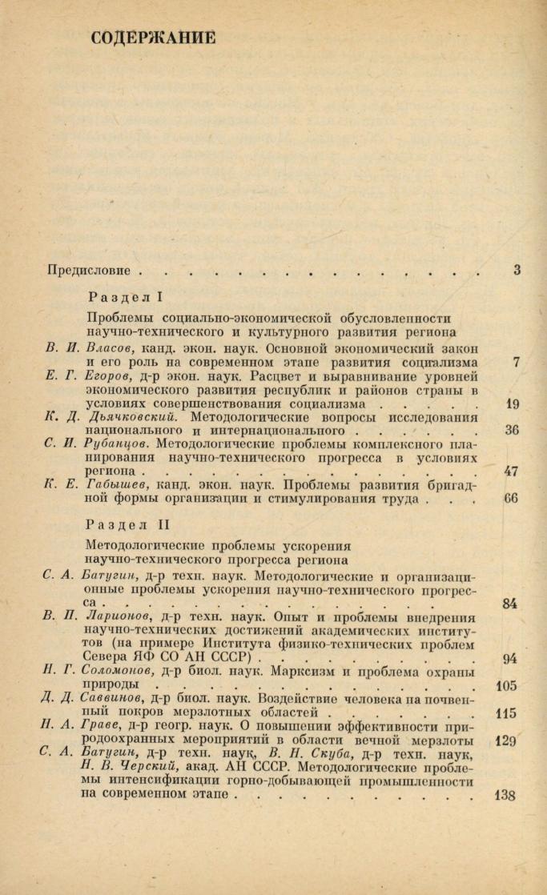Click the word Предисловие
87,271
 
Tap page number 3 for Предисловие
517,271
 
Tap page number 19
513,404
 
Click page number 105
506,686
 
